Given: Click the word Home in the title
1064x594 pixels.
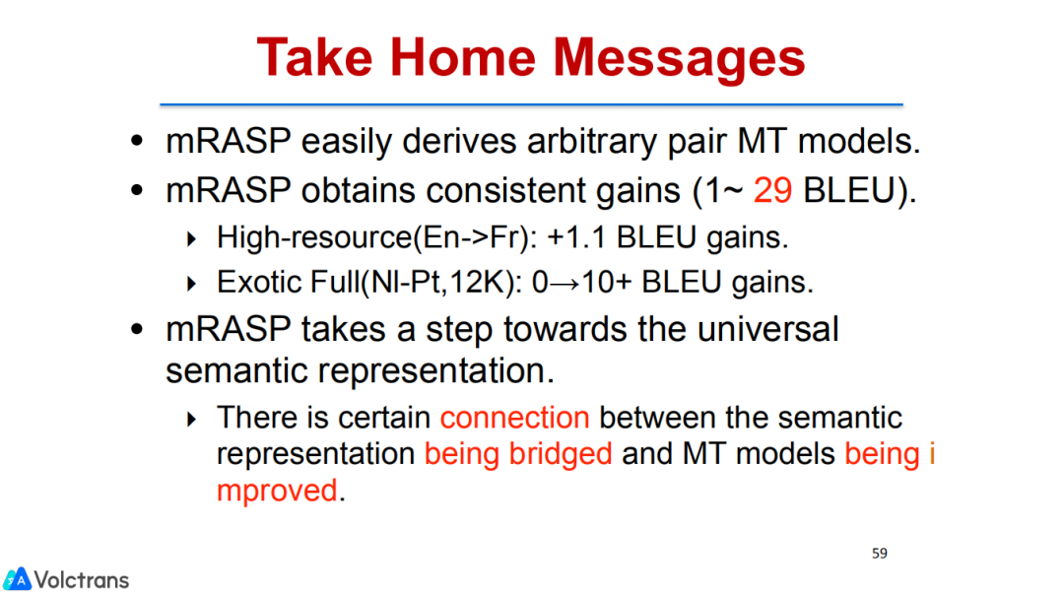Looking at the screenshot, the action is (x=463, y=57).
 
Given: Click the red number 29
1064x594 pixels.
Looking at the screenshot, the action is (x=772, y=190).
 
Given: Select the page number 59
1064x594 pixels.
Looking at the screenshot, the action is (x=880, y=554).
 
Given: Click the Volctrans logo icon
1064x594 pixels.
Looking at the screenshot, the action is (x=17, y=579).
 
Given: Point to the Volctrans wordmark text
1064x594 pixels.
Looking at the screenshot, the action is (x=82, y=580).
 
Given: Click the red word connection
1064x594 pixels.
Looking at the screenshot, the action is (x=514, y=418).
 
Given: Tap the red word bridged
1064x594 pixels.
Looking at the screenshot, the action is (x=561, y=454).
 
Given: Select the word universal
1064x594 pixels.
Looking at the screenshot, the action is (x=767, y=329).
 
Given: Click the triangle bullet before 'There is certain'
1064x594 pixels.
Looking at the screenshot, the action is (x=191, y=420).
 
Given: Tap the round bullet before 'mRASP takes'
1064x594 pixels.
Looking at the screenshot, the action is (x=137, y=330).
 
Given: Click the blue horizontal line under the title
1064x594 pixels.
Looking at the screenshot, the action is (x=531, y=104).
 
